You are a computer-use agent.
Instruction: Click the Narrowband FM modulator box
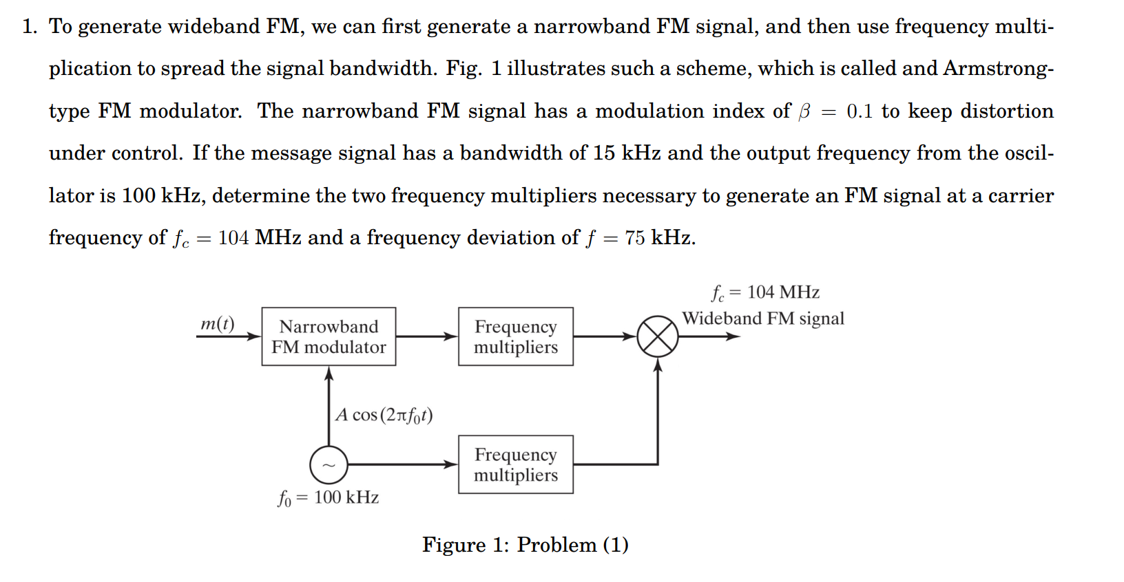pyautogui.click(x=329, y=336)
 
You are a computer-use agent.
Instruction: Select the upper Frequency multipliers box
pyautogui.click(x=515, y=336)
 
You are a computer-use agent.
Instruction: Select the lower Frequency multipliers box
pyautogui.click(x=515, y=464)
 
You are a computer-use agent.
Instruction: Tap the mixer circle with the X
pyautogui.click(x=657, y=336)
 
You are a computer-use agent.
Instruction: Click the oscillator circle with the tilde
pyautogui.click(x=329, y=465)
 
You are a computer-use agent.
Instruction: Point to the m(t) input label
pyautogui.click(x=217, y=323)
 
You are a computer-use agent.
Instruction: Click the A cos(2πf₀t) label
pyautogui.click(x=384, y=415)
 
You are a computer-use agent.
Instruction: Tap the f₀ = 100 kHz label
pyautogui.click(x=328, y=497)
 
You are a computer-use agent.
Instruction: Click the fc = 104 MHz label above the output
pyautogui.click(x=765, y=293)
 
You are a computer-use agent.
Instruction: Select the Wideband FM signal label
pyautogui.click(x=762, y=319)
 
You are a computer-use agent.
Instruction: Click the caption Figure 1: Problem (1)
pyautogui.click(x=525, y=545)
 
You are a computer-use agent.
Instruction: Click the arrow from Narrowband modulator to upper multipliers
pyautogui.click(x=426, y=336)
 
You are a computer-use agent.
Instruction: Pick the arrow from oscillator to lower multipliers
pyautogui.click(x=403, y=464)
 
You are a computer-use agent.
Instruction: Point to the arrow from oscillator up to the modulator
pyautogui.click(x=329, y=406)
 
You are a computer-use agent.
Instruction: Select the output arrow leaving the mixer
pyautogui.click(x=709, y=336)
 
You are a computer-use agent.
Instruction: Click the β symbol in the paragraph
pyautogui.click(x=804, y=112)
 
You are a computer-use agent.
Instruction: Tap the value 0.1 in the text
pyautogui.click(x=860, y=111)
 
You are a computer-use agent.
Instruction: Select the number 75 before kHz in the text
pyautogui.click(x=634, y=238)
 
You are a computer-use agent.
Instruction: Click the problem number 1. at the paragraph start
pyautogui.click(x=29, y=27)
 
